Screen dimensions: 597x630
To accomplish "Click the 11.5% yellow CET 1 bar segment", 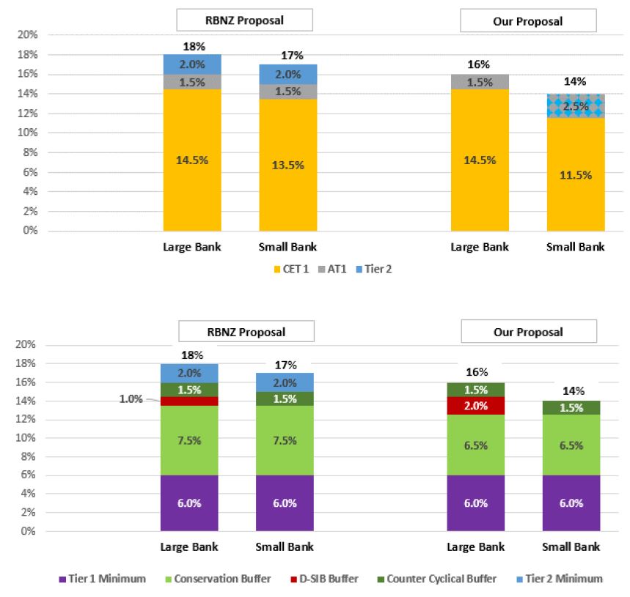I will pos(576,174).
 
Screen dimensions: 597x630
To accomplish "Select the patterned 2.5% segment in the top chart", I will pos(576,106).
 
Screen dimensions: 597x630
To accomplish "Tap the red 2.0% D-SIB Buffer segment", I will pos(476,406).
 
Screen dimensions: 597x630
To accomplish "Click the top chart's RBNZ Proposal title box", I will pos(245,20).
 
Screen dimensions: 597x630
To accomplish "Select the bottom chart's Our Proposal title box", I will pos(528,332).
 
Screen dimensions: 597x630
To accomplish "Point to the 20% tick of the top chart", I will pos(27,34).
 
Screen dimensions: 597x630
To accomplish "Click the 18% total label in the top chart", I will pos(192,47).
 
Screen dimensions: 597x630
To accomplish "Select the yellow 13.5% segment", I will pos(287,165).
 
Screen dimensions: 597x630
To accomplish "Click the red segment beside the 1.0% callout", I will pos(189,401).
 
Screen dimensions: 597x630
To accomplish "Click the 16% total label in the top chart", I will pos(479,65).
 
